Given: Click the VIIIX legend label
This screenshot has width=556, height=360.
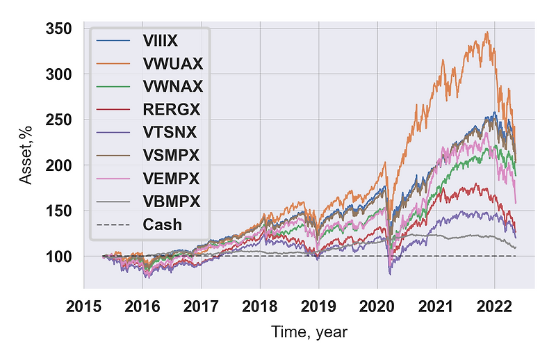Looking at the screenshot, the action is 160,41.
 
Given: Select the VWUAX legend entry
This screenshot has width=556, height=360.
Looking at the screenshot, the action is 173,64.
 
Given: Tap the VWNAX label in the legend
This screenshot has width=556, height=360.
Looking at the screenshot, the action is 173,87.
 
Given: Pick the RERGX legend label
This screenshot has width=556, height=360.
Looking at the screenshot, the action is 172,110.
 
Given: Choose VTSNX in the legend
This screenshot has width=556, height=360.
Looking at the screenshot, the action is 170,132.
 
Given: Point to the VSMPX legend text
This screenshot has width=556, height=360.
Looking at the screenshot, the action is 171,156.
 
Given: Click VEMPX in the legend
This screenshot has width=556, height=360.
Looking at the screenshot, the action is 171,179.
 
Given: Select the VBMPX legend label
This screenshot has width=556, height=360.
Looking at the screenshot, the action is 172,202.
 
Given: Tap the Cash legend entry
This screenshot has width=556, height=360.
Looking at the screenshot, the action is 163,224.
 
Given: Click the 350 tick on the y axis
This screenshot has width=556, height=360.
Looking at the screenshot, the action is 59,28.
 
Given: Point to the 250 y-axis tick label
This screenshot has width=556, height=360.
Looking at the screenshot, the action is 59,120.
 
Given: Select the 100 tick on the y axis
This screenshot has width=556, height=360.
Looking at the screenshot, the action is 59,256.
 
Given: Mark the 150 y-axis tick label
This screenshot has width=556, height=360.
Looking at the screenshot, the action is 59,211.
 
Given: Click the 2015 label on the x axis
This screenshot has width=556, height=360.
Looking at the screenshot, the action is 83,306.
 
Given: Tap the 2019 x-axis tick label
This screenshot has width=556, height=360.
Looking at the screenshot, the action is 318,306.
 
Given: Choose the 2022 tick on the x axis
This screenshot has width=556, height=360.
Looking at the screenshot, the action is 494,306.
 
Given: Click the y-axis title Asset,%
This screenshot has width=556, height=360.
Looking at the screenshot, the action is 26,155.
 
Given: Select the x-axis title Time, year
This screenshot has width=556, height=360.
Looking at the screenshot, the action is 309,332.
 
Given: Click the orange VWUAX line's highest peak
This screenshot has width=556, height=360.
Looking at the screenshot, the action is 487,32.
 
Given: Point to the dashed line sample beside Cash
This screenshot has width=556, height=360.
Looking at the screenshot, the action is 113,224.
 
